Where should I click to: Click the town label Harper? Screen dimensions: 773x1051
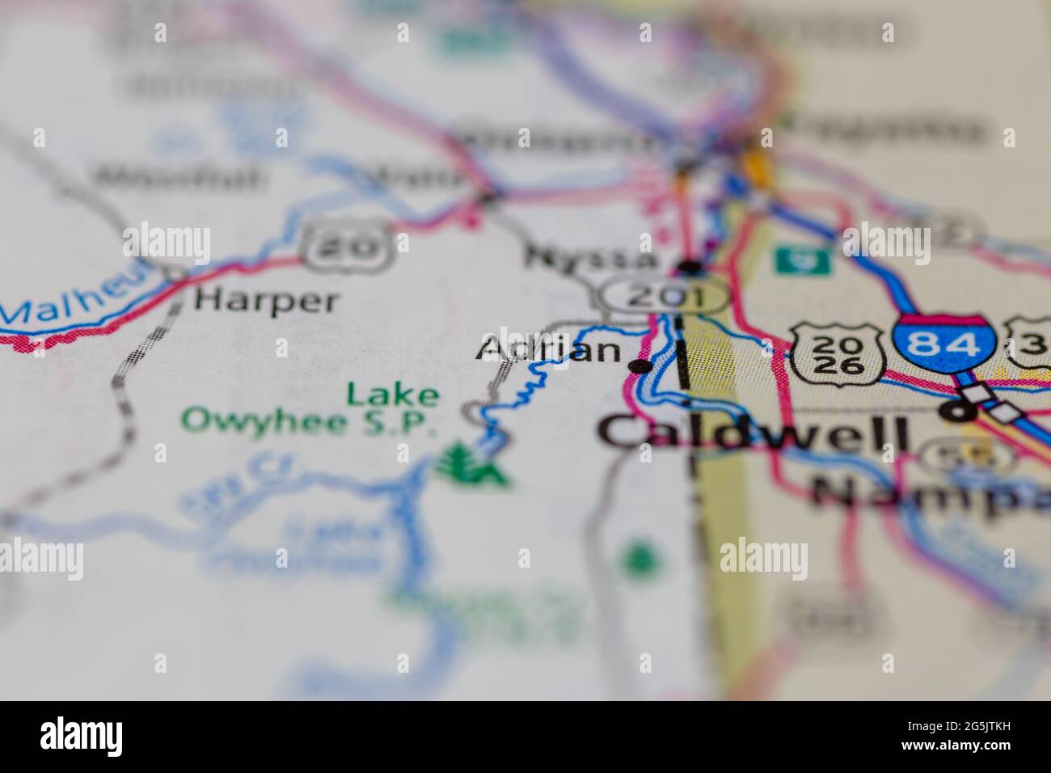click(265, 301)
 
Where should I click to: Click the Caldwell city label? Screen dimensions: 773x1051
click(755, 432)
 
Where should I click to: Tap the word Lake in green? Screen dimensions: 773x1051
click(393, 395)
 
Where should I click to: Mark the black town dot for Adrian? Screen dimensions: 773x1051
click(641, 367)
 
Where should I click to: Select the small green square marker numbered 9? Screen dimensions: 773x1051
click(796, 260)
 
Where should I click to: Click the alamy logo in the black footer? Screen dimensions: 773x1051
click(81, 736)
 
